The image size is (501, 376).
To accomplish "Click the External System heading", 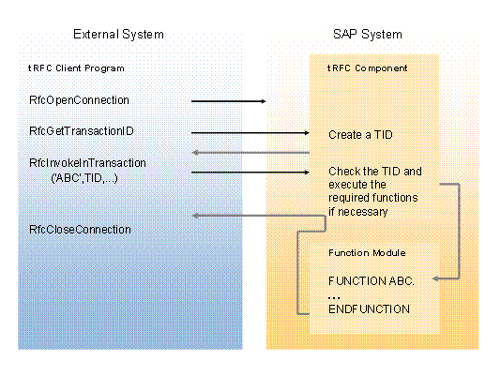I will click(118, 35).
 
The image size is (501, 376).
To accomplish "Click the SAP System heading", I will click(367, 35).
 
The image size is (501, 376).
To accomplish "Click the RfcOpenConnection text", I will click(79, 99).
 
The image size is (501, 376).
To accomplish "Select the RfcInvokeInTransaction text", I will click(87, 163).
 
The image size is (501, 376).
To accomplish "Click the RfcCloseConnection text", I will click(80, 230).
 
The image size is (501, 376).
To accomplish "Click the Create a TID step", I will click(361, 135).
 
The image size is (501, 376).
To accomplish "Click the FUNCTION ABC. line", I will click(372, 280).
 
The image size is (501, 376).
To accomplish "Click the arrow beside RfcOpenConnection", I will click(229, 100).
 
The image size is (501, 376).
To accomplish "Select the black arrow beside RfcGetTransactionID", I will click(250, 133).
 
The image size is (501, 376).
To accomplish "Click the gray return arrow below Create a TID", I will click(250, 153).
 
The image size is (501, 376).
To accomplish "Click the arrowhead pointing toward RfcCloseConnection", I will click(194, 217).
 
